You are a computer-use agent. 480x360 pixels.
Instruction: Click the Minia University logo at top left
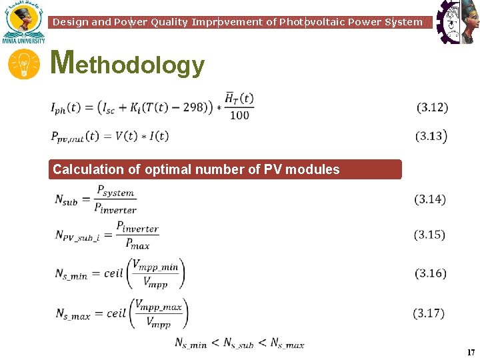(23, 23)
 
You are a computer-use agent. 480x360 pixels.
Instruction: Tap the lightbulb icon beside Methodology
(23, 65)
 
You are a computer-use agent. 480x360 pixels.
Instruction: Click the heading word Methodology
(127, 64)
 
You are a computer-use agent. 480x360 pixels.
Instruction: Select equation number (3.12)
(432, 107)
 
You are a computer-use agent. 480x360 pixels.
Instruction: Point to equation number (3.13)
(432, 136)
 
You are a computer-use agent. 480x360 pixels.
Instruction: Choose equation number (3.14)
(430, 199)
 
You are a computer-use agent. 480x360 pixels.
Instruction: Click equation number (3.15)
(430, 235)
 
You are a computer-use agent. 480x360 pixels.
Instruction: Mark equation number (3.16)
(431, 273)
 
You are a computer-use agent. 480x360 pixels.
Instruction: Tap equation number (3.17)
(429, 313)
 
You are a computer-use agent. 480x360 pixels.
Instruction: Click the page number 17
(471, 352)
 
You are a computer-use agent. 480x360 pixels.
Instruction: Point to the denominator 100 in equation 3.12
(239, 115)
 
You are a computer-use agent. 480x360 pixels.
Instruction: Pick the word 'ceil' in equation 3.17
(115, 313)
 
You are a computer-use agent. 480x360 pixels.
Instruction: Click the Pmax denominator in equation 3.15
(137, 244)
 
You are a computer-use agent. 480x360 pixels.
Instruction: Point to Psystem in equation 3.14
(115, 191)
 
